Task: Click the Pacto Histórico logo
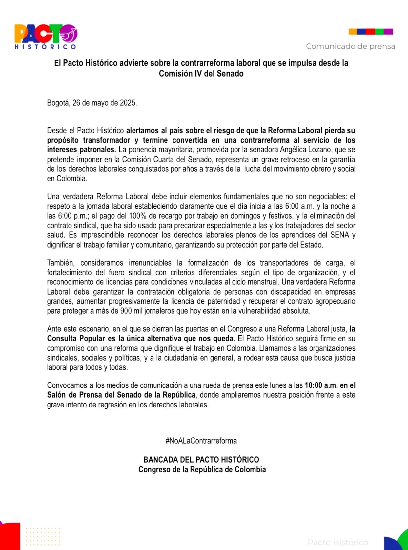tap(46, 36)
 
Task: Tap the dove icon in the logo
tap(70, 34)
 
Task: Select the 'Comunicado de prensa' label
tap(350, 46)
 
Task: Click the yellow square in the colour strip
tap(353, 32)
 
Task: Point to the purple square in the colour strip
tap(388, 32)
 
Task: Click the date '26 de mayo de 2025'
tap(104, 103)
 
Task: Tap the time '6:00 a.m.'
tap(300, 206)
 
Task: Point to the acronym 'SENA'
tap(339, 235)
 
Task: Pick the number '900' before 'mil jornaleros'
tap(126, 311)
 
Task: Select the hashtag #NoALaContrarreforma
tap(201, 441)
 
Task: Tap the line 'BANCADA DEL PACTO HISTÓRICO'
tap(201, 460)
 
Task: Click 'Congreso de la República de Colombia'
tap(202, 469)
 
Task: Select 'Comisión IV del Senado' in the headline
tap(201, 74)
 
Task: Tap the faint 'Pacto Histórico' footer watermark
tap(338, 542)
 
